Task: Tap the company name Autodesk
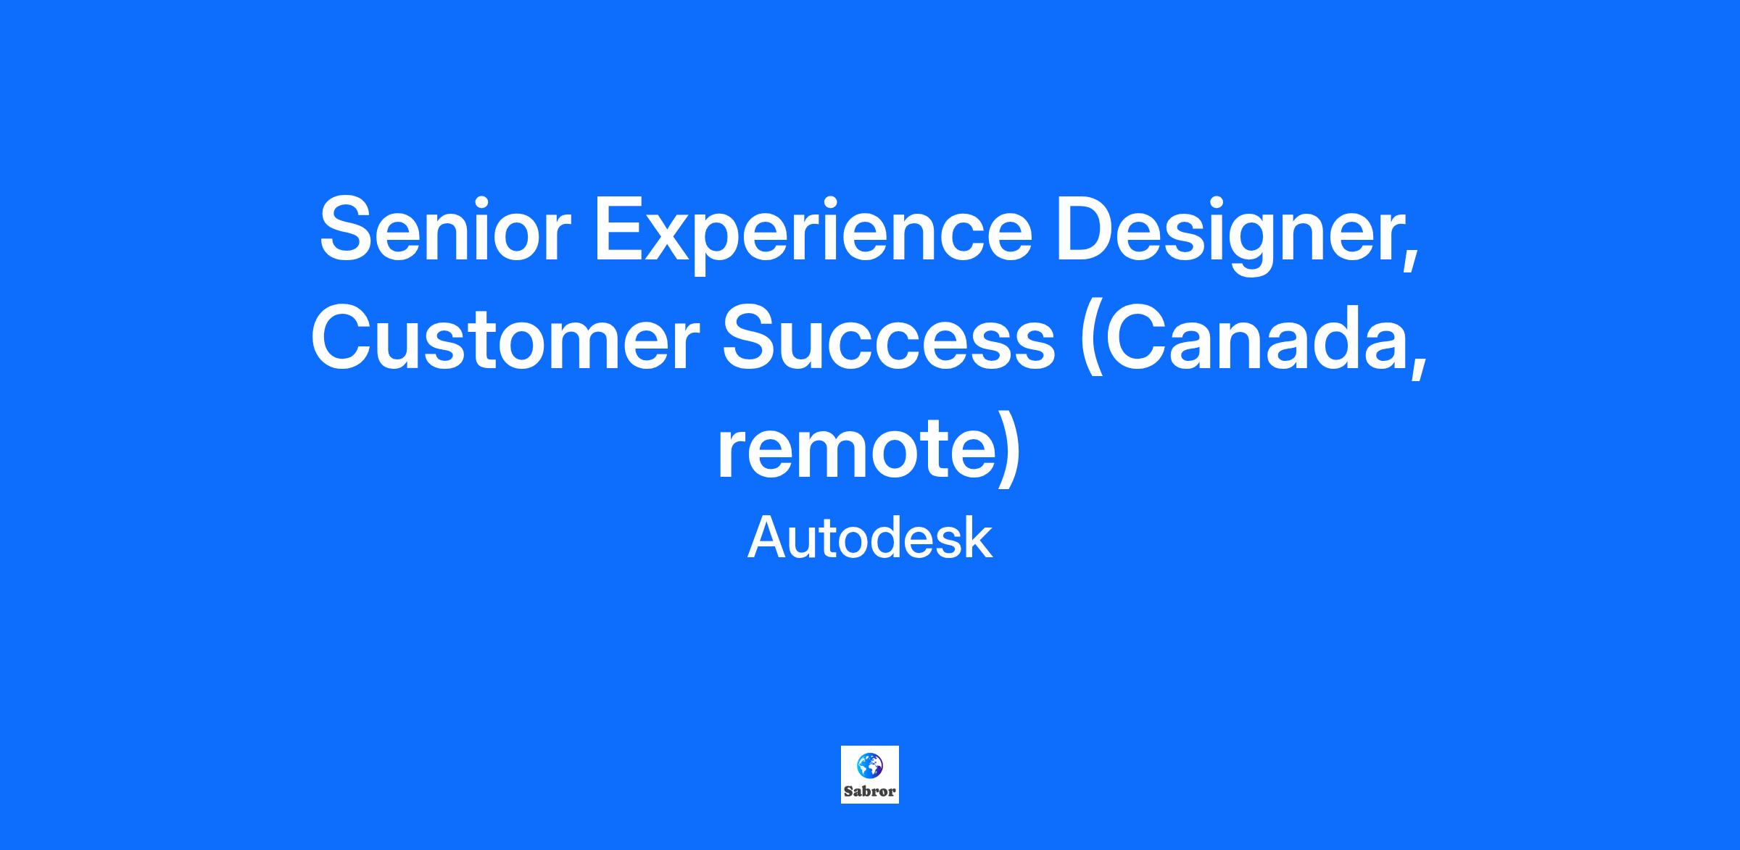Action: tap(869, 538)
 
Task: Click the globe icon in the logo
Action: tap(869, 765)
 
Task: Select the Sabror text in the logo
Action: tap(870, 791)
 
